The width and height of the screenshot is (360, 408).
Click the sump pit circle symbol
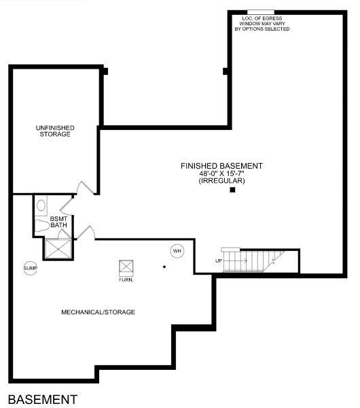pyautogui.click(x=30, y=269)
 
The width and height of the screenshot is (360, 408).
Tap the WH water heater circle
pyautogui.click(x=177, y=251)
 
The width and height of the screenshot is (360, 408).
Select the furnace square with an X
pyautogui.click(x=126, y=267)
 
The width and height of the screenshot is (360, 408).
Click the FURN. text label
pyautogui.click(x=126, y=279)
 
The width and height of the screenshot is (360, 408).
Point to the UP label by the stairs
pyautogui.click(x=219, y=261)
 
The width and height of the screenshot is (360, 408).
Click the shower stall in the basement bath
pyautogui.click(x=56, y=248)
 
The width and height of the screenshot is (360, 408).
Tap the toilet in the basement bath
pyautogui.click(x=41, y=204)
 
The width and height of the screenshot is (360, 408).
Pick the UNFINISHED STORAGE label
pyautogui.click(x=55, y=131)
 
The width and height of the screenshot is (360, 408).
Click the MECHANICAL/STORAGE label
pyautogui.click(x=98, y=312)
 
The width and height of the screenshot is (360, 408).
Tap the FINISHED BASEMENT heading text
pyautogui.click(x=221, y=166)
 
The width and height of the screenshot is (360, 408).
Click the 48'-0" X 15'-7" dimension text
pyautogui.click(x=221, y=173)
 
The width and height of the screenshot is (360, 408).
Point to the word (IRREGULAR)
pyautogui.click(x=221, y=181)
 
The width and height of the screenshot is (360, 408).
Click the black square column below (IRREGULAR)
pyautogui.click(x=232, y=190)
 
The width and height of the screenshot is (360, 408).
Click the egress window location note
pyautogui.click(x=262, y=24)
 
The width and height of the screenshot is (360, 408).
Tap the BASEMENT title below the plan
pyautogui.click(x=43, y=398)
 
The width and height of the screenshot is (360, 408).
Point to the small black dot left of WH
pyautogui.click(x=164, y=267)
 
